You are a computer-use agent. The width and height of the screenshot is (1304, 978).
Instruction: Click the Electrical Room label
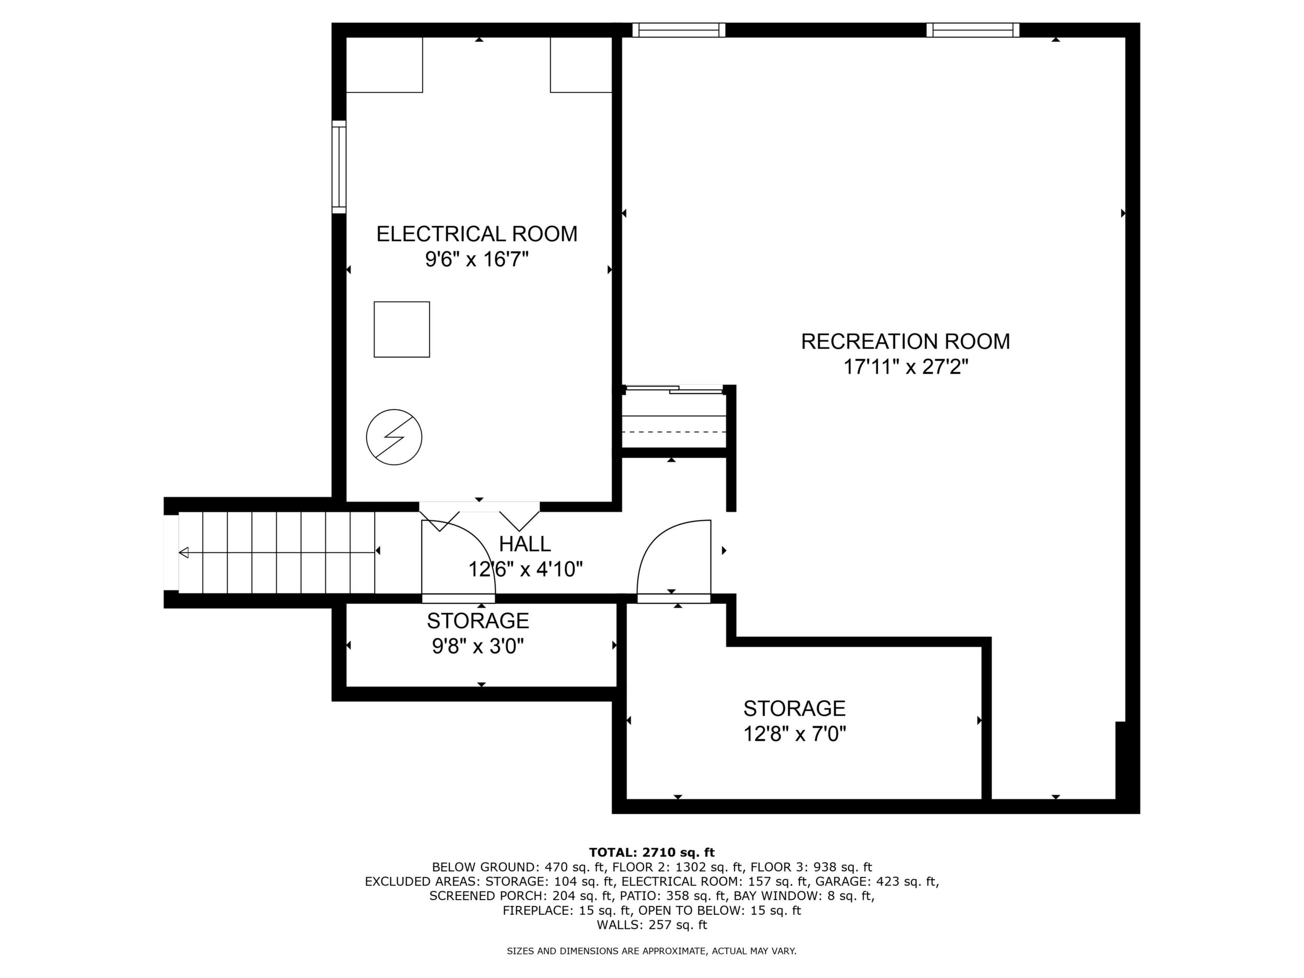click(x=477, y=234)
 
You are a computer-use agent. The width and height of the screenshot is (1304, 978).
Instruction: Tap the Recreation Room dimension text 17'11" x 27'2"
click(x=906, y=367)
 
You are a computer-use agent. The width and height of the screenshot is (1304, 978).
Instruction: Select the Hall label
click(x=525, y=543)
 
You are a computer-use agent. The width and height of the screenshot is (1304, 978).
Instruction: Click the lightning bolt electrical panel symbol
click(x=394, y=437)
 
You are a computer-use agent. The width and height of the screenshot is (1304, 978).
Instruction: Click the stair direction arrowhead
click(x=183, y=552)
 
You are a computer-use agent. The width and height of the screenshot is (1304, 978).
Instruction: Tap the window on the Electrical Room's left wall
click(x=339, y=167)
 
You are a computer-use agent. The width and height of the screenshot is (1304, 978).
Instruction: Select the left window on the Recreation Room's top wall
click(x=679, y=30)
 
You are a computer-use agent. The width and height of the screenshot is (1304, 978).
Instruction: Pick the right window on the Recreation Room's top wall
click(x=973, y=30)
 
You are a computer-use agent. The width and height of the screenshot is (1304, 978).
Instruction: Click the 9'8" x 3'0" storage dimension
click(x=478, y=647)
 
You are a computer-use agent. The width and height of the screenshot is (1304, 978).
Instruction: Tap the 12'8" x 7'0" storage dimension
click(x=795, y=734)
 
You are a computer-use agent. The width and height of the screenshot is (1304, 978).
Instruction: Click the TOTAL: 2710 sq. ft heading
click(x=652, y=853)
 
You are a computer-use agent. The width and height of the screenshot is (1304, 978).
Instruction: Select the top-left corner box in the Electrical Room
click(x=385, y=65)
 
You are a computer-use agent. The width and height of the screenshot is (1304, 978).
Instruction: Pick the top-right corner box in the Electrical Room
click(x=581, y=65)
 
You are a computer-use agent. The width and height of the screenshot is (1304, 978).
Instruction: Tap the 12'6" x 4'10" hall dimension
click(x=525, y=569)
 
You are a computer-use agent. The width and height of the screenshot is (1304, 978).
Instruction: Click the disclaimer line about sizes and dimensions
click(x=652, y=951)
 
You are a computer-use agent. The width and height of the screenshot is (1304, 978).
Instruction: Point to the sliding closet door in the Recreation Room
click(x=674, y=389)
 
